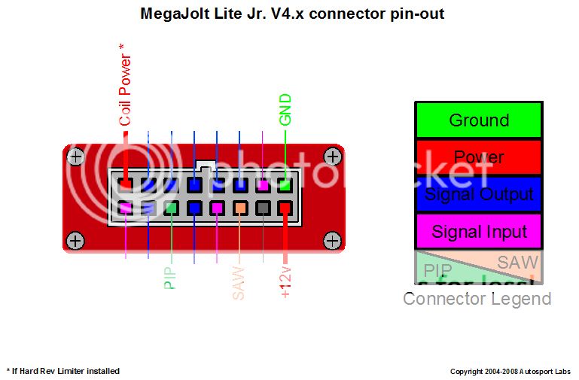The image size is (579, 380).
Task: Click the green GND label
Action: (285, 110)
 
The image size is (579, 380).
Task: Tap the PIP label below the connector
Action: (170, 278)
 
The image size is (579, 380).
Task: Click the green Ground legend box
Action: (478, 120)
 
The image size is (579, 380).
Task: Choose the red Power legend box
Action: (478, 157)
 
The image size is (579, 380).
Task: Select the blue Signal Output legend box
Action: (478, 194)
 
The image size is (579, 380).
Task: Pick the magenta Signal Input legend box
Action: (478, 231)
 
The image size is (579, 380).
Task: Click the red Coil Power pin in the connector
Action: (126, 184)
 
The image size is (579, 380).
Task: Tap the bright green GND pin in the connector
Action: (285, 184)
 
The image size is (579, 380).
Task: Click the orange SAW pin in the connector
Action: (239, 207)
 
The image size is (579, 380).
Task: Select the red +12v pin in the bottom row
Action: (285, 207)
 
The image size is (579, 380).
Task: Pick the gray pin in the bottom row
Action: (263, 207)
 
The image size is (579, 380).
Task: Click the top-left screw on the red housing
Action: (75, 157)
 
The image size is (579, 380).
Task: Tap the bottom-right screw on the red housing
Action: (332, 240)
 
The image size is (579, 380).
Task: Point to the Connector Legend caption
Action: (477, 299)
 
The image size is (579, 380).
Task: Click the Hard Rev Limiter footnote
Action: (63, 371)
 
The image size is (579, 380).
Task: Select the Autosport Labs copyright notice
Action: (510, 372)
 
